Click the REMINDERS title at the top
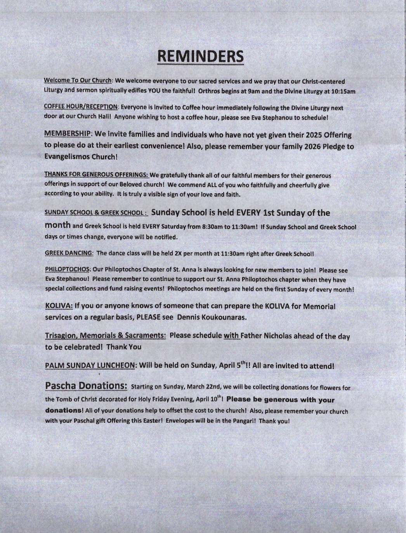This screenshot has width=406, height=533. click(200, 56)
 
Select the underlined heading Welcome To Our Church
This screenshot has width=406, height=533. click(78, 81)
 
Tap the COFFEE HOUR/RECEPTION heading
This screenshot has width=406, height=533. click(81, 107)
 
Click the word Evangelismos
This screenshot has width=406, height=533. click(64, 157)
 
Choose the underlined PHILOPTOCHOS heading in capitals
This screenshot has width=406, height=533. click(68, 269)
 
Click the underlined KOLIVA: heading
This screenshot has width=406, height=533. click(59, 306)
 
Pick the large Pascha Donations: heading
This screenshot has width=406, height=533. click(86, 386)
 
